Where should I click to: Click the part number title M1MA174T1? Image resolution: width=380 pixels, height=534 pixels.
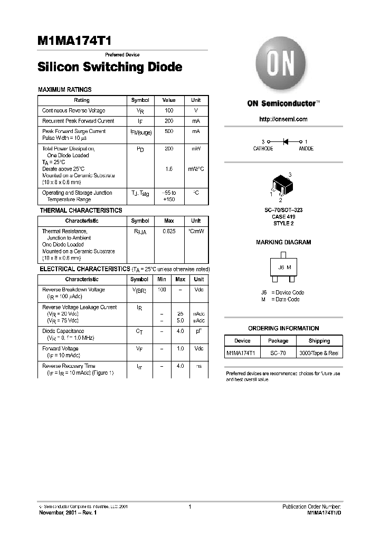point(74,42)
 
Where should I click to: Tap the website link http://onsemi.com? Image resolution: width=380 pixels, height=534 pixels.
point(283,119)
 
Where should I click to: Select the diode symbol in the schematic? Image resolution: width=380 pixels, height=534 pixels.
point(286,141)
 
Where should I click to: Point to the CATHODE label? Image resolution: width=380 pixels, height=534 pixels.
point(263,149)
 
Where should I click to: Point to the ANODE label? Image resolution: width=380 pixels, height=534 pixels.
point(306,149)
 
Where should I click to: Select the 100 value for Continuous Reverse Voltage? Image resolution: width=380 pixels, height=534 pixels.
point(169,111)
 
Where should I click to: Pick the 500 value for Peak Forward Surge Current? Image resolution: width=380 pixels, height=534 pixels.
point(169,131)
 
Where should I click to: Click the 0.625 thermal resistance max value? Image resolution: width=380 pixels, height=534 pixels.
point(169,231)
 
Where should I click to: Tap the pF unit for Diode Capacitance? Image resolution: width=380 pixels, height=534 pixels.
point(199,331)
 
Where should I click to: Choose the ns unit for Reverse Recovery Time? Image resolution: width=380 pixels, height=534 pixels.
point(199,366)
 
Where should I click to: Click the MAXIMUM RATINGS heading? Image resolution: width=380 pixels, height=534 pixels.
point(65,90)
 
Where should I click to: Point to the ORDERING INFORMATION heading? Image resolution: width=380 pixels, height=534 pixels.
point(283,328)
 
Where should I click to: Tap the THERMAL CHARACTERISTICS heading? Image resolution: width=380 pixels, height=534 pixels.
point(81,211)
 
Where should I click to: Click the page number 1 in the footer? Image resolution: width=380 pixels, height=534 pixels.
point(189,507)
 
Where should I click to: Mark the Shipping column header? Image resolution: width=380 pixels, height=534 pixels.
point(319,341)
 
